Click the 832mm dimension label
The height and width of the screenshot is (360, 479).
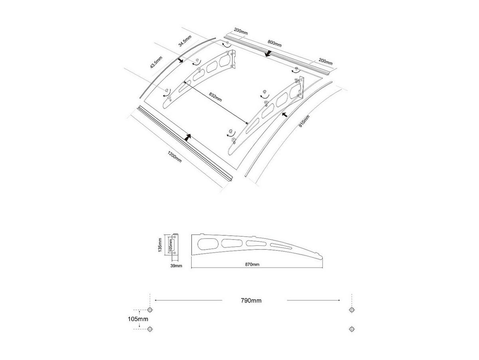pos(215,97)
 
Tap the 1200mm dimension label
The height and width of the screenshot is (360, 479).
pos(174,157)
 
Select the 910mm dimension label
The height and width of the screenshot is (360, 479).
pos(304,121)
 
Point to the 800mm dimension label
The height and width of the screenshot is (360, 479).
pos(275,44)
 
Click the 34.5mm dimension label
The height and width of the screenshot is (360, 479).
pos(185,41)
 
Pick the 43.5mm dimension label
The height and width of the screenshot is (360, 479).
pos(156,62)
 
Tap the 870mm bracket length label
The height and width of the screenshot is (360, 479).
pos(252,265)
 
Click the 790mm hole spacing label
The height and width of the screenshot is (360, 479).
pos(251,300)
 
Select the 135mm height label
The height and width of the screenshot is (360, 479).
pos(160,245)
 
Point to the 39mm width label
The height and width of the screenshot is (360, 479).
pos(176,266)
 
